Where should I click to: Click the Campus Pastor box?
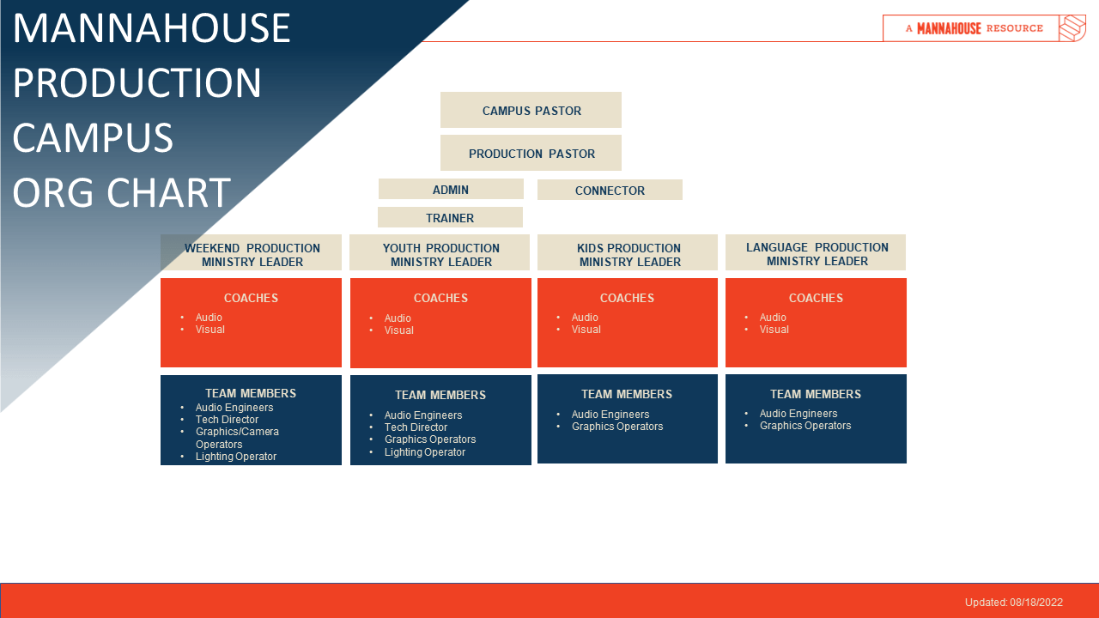[531, 111]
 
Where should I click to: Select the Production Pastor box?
[531, 154]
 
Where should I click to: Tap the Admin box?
[451, 190]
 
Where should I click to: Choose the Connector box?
[610, 191]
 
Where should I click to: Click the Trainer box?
[450, 218]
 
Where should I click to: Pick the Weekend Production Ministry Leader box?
[252, 254]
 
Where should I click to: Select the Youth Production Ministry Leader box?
[440, 254]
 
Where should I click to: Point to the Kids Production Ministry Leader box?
[628, 254]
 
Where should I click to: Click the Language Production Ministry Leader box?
[816, 253]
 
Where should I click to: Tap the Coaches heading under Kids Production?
[627, 298]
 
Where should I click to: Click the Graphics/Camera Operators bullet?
[237, 438]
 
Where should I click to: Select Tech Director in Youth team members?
[416, 427]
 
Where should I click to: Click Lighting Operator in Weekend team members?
[236, 457]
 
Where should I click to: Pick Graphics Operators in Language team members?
[805, 426]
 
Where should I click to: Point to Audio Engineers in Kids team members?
[610, 415]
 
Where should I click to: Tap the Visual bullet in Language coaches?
[774, 330]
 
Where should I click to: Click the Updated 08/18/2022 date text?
[1013, 603]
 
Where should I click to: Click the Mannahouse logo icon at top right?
[1072, 28]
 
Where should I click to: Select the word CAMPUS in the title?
[93, 137]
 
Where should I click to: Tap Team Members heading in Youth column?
[440, 395]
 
